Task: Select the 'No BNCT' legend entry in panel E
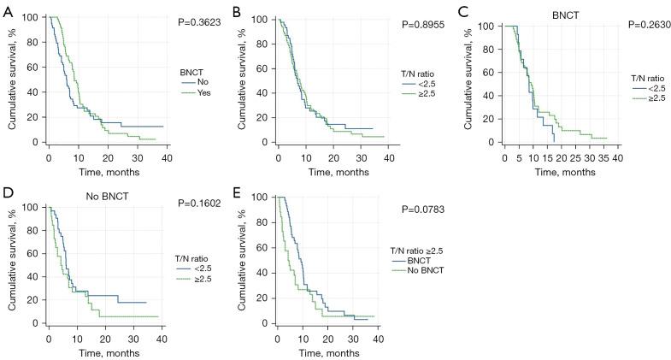tap(430, 269)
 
